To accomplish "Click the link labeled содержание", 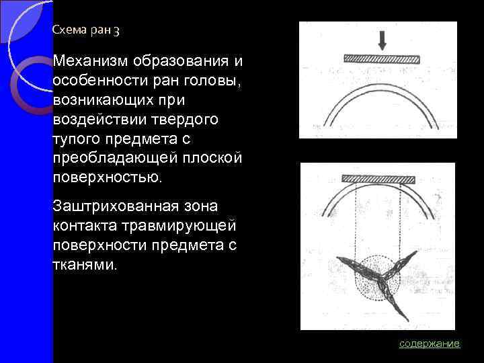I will [x=429, y=344].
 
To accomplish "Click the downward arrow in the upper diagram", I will [x=382, y=40].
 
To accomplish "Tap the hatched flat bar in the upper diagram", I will [x=381, y=59].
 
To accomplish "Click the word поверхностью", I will [x=107, y=177].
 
